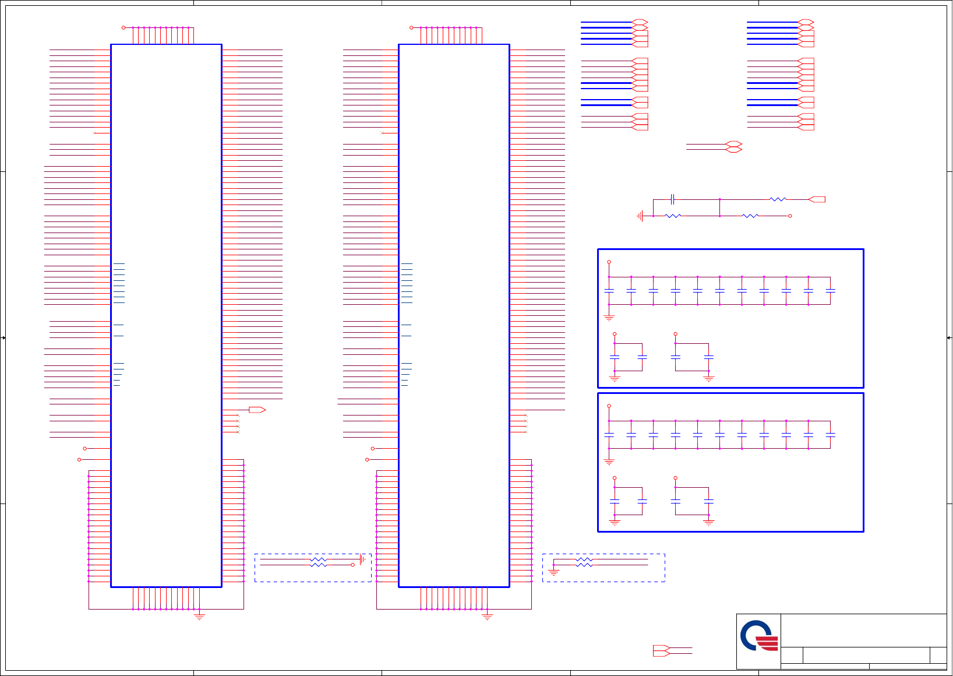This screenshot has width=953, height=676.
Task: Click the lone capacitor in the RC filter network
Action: pos(672,199)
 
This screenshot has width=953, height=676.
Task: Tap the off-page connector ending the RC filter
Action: pos(817,199)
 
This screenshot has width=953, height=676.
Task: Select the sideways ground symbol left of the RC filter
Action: pos(640,216)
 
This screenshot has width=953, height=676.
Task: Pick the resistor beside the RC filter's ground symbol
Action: pos(672,216)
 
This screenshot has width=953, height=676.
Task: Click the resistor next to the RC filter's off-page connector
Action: pos(778,199)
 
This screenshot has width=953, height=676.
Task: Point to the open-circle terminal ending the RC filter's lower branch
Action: pos(790,216)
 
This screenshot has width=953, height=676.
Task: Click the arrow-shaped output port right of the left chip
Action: pos(257,410)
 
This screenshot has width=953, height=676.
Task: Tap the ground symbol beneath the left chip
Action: pos(199,616)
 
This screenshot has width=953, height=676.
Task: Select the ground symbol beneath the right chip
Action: pos(488,616)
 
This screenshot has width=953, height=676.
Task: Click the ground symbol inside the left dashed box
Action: pos(363,559)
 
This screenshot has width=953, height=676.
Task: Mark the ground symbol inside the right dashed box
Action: pos(553,572)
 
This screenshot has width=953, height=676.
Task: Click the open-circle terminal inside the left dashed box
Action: pos(352,565)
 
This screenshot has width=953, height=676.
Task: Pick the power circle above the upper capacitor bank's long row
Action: pos(609,262)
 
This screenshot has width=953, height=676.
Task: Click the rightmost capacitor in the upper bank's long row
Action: pos(831,290)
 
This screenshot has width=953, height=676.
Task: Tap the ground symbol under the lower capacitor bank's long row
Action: pos(609,462)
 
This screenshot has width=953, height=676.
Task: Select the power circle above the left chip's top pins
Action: pos(123,27)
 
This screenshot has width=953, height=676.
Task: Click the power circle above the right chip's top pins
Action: pos(411,27)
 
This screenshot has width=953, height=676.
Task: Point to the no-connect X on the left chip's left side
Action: pos(95,133)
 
